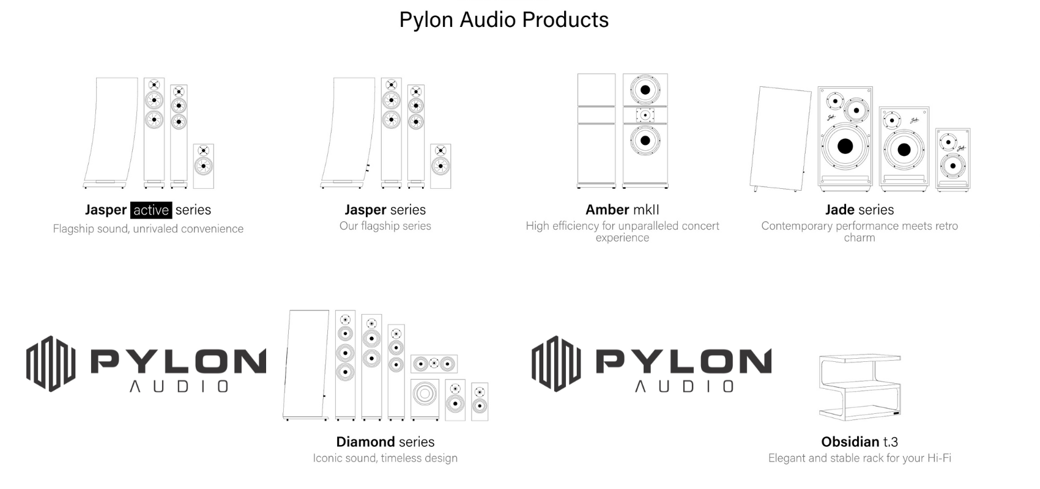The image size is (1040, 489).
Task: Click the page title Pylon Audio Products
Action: tap(503, 20)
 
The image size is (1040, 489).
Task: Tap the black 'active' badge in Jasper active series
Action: tap(150, 210)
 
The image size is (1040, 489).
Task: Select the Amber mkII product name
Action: tap(622, 210)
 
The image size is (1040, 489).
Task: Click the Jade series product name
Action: tap(859, 210)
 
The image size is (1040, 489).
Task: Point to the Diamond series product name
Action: tap(385, 441)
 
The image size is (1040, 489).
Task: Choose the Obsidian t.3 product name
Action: tap(859, 441)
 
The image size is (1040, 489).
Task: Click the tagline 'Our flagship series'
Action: tap(385, 226)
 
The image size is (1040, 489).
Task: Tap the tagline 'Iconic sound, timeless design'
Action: tap(385, 458)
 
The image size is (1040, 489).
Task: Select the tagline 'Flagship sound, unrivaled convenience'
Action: tap(148, 229)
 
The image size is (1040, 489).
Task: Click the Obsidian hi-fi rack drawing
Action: tap(860, 387)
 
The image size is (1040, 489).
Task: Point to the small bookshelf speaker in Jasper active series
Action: tap(204, 166)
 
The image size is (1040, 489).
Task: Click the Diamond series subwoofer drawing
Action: tap(425, 399)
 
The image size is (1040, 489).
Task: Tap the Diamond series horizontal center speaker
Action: tap(434, 364)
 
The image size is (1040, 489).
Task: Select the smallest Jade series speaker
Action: tap(953, 160)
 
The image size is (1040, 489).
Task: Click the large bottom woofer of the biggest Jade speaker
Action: tap(845, 146)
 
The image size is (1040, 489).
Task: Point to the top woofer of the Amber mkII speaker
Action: tap(645, 90)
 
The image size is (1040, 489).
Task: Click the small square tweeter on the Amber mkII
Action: tap(645, 114)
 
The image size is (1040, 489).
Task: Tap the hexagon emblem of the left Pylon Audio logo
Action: tap(51, 364)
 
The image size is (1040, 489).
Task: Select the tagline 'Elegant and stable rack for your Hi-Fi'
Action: tap(859, 458)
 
